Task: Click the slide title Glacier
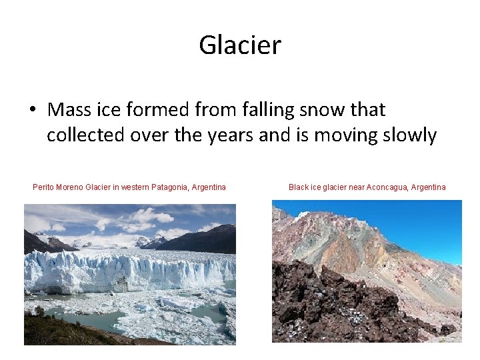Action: pos(240,45)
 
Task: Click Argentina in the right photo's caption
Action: pos(428,187)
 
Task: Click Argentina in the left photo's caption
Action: pos(208,187)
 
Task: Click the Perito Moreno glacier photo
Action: pos(129,274)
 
